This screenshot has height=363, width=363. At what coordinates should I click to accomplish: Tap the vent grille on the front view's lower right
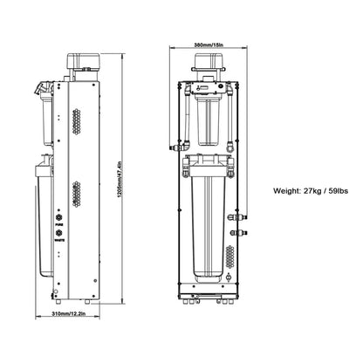pyautogui.click(x=229, y=255)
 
